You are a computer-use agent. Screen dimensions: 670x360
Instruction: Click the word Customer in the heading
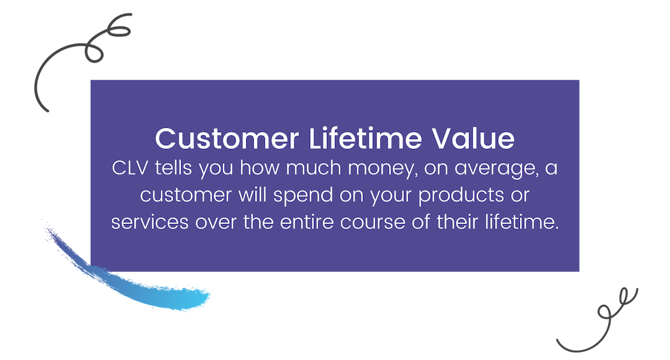pos(227,138)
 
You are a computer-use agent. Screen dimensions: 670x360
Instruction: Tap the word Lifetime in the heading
pos(365,138)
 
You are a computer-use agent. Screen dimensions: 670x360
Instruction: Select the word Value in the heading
pos(473,138)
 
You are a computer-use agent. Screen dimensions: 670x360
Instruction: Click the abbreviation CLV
pos(130,168)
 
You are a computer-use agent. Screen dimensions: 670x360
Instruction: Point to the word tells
pos(174,168)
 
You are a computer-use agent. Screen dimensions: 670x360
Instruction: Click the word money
pos(383,169)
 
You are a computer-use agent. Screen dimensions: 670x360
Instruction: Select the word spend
pos(303,196)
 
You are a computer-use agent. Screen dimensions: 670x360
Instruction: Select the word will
pos(252,195)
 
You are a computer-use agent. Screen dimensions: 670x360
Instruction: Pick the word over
pos(216,223)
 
